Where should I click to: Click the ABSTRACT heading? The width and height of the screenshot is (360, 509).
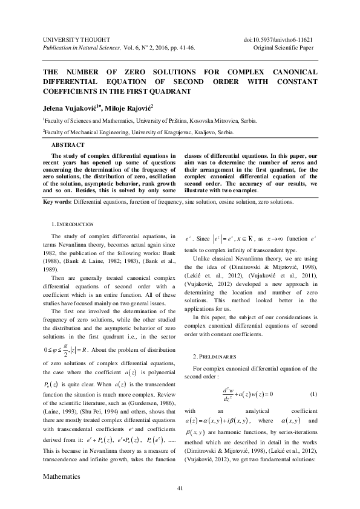click(68, 145)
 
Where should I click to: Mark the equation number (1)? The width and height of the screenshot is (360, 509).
click(313, 394)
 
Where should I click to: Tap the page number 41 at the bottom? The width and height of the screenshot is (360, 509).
click(180, 488)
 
